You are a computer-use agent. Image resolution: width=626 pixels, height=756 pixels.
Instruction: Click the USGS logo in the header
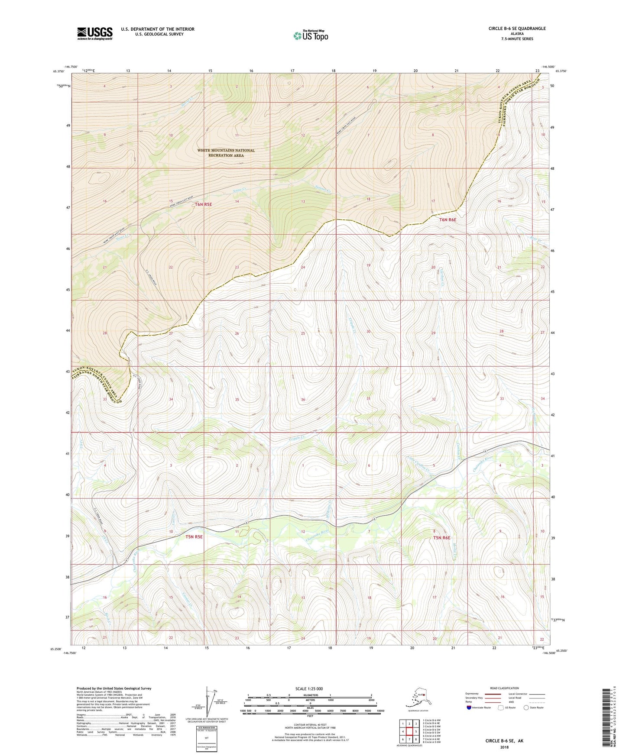coord(94,33)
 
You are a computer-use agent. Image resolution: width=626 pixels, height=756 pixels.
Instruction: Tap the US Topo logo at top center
coord(311,36)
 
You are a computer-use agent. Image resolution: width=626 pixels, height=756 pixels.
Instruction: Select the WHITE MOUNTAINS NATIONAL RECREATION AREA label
coord(226,153)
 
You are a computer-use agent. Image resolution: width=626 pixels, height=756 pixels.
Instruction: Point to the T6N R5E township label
coord(204,204)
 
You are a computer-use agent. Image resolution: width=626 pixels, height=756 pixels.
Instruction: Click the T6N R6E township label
coord(448,220)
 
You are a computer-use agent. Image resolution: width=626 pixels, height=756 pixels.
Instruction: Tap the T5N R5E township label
coord(194,537)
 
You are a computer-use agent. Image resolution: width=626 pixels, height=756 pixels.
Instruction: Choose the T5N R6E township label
coord(442,538)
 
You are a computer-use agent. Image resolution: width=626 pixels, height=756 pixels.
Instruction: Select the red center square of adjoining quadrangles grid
coord(409,731)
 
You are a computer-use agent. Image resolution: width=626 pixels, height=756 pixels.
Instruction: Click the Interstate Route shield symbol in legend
coord(469,708)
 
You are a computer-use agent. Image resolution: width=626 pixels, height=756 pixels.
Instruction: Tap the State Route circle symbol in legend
coord(526,708)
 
